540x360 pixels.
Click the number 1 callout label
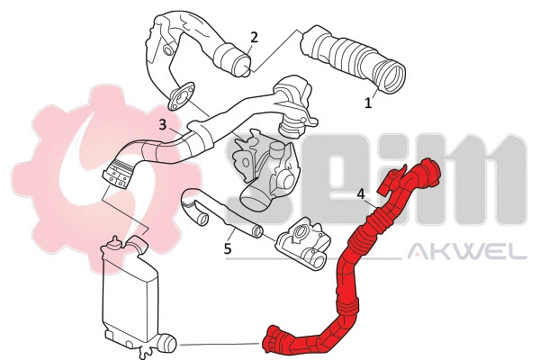pyautogui.click(x=367, y=103)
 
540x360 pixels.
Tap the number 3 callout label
pyautogui.click(x=162, y=125)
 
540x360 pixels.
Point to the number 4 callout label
pyautogui.click(x=360, y=193)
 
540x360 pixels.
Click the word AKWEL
pyautogui.click(x=467, y=253)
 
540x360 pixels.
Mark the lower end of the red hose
pyautogui.click(x=268, y=341)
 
